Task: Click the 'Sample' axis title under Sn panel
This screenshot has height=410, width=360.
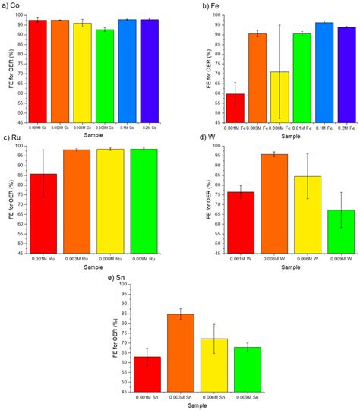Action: click(181, 406)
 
